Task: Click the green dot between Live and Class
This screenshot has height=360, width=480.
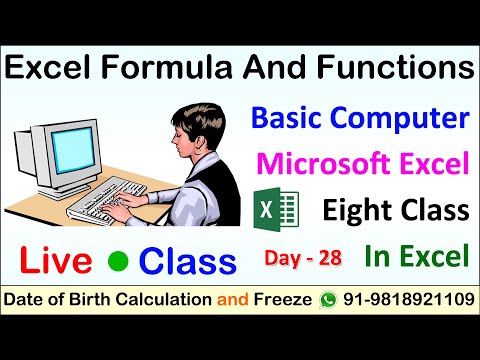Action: [x=119, y=260]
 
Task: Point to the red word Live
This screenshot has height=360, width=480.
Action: [x=60, y=260]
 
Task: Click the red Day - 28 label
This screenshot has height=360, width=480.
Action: [x=303, y=258]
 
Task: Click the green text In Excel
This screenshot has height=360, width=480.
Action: [x=417, y=256]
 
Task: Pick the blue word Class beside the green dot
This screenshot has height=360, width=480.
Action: [x=188, y=260]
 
